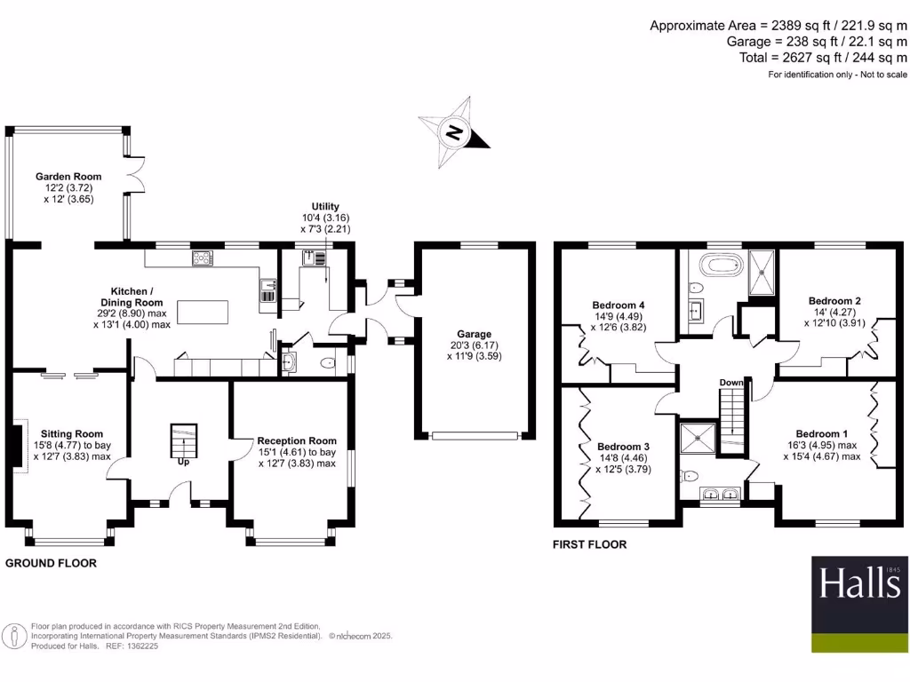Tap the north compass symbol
[x=454, y=134]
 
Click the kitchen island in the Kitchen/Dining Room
[x=203, y=313]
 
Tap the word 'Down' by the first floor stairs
[x=731, y=383]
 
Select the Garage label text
[x=475, y=334]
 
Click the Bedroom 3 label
[x=623, y=446]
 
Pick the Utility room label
[x=325, y=207]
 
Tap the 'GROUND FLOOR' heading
[x=52, y=563]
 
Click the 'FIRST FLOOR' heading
[x=591, y=544]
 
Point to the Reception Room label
[x=297, y=440]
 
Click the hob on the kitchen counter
[x=203, y=258]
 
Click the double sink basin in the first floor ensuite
[x=721, y=495]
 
